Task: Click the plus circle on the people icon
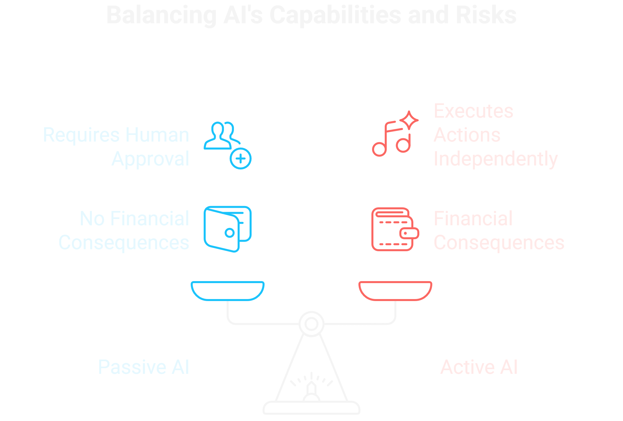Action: click(241, 158)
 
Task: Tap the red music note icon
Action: click(391, 140)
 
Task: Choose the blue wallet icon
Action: click(228, 229)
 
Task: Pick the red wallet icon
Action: click(395, 229)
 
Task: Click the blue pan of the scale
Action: click(228, 290)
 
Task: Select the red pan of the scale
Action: click(395, 290)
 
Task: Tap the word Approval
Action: click(150, 159)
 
